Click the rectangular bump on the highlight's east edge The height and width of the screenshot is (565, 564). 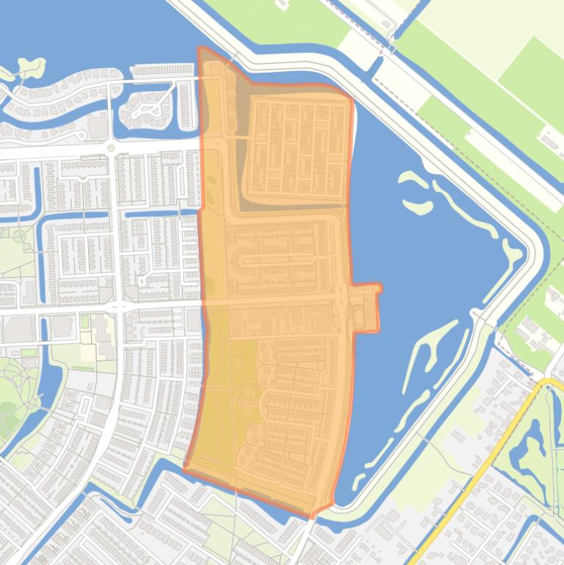pyautogui.click(x=366, y=307)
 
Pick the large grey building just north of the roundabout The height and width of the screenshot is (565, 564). pyautogui.click(x=98, y=126)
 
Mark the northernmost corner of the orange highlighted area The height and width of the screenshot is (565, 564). pyautogui.click(x=200, y=48)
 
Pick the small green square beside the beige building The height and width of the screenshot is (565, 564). pyautogui.click(x=84, y=322)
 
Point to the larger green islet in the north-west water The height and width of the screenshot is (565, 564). pyautogui.click(x=29, y=68)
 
